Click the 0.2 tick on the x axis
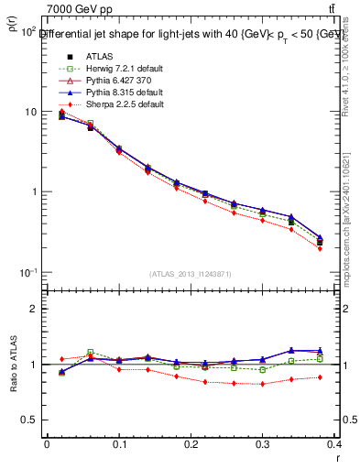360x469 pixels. (192, 446)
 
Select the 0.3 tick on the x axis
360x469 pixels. (266, 446)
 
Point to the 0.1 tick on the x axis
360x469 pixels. (119, 446)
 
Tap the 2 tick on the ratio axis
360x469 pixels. (32, 309)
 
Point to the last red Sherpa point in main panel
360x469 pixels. (345, 248)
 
